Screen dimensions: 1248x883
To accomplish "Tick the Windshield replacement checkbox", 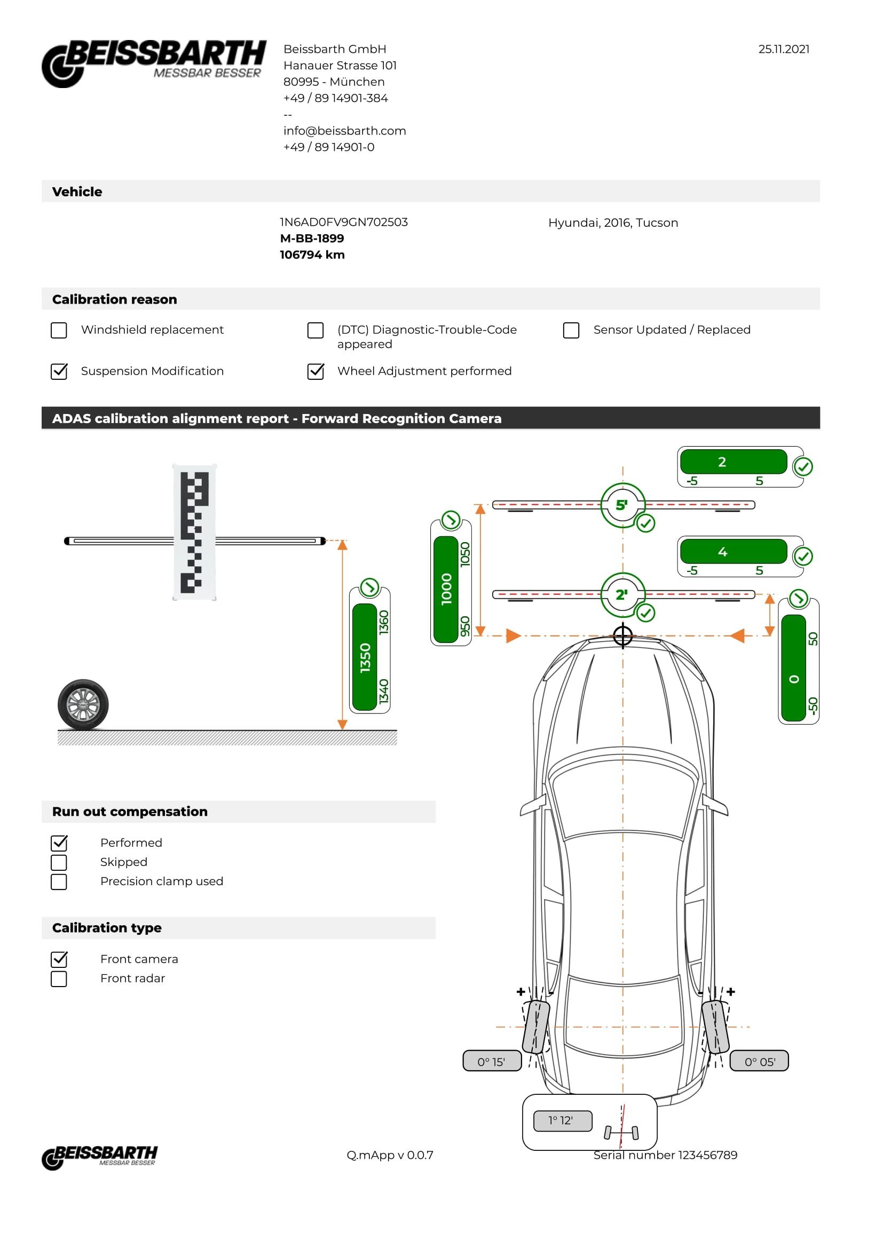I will pos(59,330).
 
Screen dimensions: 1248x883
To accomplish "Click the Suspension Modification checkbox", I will pos(59,371).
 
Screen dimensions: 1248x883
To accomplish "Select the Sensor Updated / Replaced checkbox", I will pos(571,330).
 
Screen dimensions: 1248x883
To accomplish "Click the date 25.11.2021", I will pos(784,49).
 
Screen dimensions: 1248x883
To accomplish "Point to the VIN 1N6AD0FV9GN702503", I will pos(344,222).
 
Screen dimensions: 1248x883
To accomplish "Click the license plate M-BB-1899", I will pos(312,238).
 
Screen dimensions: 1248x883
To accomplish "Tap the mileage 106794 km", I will pos(312,255).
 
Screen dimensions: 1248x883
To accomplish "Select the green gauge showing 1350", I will pos(365,657).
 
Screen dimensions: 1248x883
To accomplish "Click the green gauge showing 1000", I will pos(446,589).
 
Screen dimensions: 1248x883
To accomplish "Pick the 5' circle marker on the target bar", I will pos(622,505).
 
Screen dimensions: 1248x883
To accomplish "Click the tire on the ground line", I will pos(83,704).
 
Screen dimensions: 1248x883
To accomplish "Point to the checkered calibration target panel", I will pos(194,532).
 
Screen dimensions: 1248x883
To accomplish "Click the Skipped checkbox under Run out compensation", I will pos(59,863).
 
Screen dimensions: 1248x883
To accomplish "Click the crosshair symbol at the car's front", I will pos(623,635).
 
